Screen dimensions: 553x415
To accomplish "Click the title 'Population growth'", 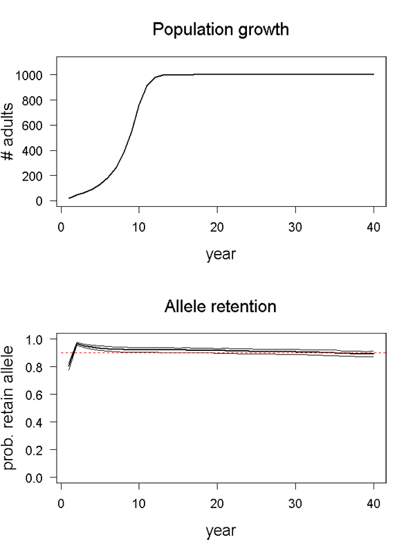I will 221,30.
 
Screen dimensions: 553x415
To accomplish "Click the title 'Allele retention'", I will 221,305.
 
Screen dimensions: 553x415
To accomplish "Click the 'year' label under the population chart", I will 221,254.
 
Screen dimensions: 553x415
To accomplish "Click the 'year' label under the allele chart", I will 221,531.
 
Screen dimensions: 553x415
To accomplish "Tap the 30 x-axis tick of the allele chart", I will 295,503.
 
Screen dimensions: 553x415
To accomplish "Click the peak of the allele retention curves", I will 77,343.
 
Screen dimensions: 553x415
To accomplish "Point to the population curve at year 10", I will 139,106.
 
